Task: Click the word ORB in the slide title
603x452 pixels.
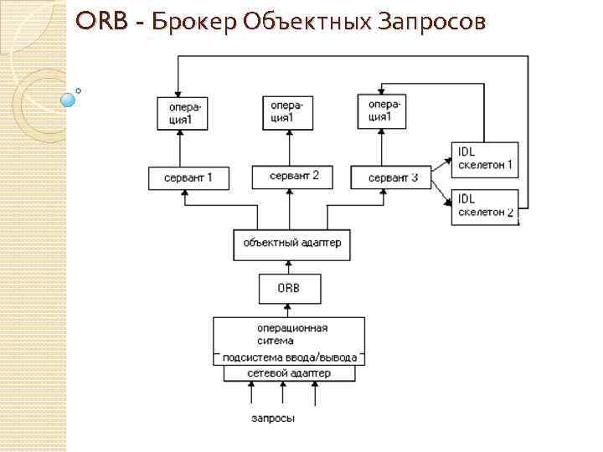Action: (x=100, y=22)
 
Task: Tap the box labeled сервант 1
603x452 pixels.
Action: (x=188, y=177)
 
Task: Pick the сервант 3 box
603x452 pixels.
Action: (x=389, y=177)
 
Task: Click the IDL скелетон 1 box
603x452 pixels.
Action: (x=483, y=158)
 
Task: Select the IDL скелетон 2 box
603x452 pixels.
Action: (x=483, y=206)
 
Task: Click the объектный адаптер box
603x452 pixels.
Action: (x=287, y=243)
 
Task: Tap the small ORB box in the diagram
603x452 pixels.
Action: (x=287, y=289)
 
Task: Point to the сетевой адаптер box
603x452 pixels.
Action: (x=289, y=372)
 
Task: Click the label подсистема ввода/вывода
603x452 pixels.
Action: (x=289, y=357)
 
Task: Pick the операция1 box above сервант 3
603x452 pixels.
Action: (x=382, y=111)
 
